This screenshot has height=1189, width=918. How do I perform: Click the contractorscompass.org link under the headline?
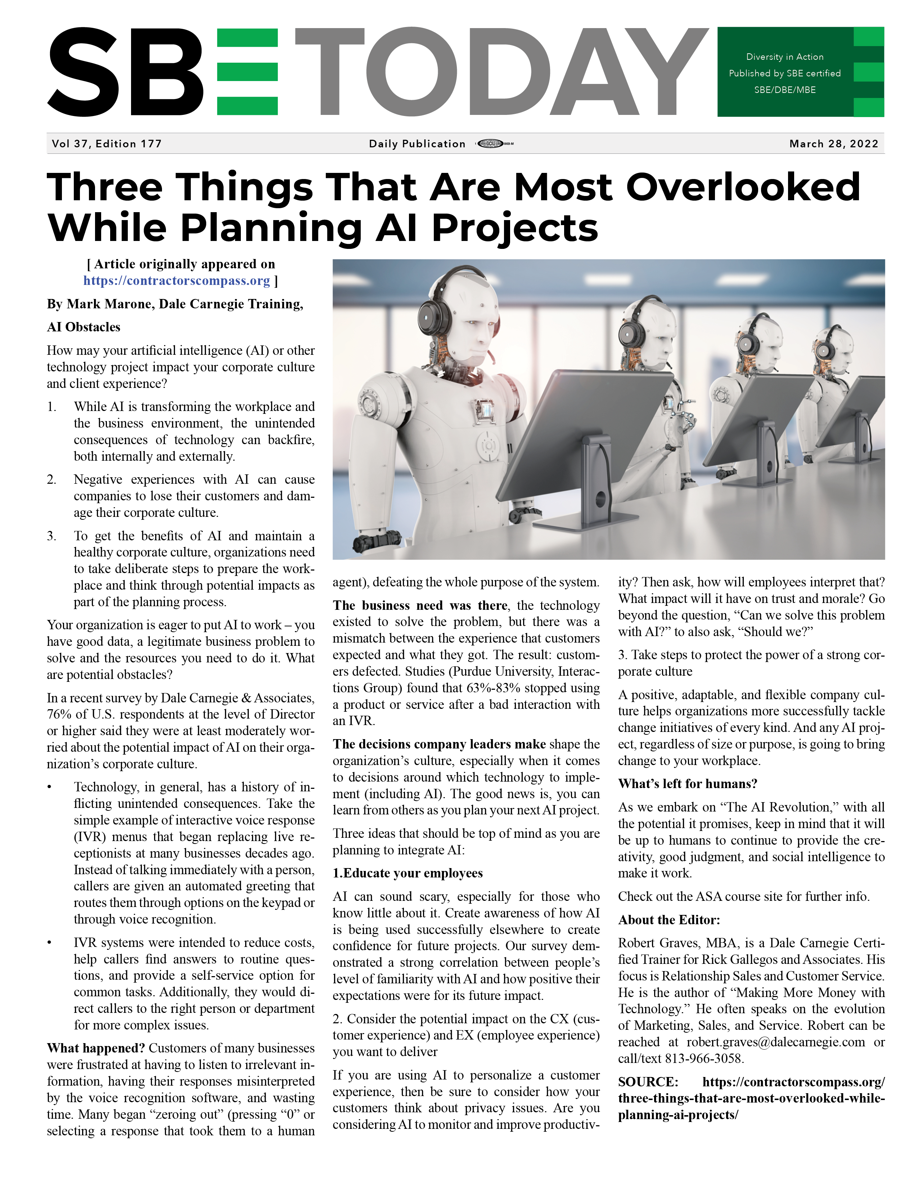[x=176, y=281]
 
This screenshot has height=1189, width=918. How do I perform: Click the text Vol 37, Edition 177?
[x=107, y=144]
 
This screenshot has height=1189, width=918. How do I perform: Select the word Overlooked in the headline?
[x=742, y=187]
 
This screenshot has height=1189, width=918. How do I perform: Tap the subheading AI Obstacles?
[x=83, y=327]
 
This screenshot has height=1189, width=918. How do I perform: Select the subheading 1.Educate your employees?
[x=408, y=873]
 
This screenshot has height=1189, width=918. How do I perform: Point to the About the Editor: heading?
[x=669, y=920]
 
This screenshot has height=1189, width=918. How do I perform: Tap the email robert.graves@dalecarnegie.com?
[x=775, y=1042]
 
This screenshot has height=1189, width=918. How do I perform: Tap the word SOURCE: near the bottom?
[x=648, y=1082]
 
